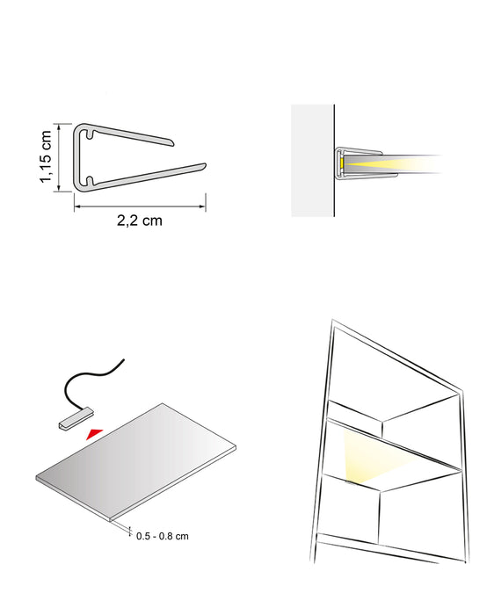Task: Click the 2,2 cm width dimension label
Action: coord(140,221)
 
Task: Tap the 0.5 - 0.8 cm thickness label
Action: coord(163,535)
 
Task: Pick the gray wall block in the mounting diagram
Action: coord(313,160)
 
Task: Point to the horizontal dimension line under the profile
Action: coord(140,206)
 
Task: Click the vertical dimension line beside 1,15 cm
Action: coord(59,156)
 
